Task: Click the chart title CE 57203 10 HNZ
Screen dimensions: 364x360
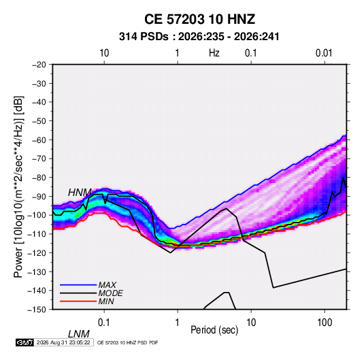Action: [199, 19]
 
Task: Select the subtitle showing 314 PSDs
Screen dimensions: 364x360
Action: [199, 37]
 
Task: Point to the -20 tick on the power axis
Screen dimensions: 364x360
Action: [39, 65]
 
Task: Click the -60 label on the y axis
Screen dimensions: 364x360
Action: [39, 140]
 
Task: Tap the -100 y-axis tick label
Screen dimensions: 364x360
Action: [37, 215]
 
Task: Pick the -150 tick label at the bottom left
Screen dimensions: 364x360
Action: [37, 310]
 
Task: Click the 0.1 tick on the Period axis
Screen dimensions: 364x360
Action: [103, 323]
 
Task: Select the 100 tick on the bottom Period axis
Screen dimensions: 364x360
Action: [325, 323]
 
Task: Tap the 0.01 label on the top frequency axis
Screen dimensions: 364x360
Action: [324, 53]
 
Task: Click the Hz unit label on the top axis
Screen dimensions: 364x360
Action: [214, 53]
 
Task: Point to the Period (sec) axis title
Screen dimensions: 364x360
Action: [214, 330]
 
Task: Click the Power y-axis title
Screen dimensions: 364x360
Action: [18, 186]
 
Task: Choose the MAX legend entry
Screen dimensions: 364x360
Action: [107, 284]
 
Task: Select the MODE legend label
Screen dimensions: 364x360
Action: [110, 293]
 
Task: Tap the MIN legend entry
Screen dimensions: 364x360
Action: [106, 301]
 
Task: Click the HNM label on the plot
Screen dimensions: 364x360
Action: [80, 193]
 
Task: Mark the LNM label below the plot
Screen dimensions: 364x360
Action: [78, 334]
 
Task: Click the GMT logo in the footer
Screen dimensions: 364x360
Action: [24, 342]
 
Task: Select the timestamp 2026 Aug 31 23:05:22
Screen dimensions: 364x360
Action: [63, 342]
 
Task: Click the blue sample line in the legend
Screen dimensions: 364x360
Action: [78, 284]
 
